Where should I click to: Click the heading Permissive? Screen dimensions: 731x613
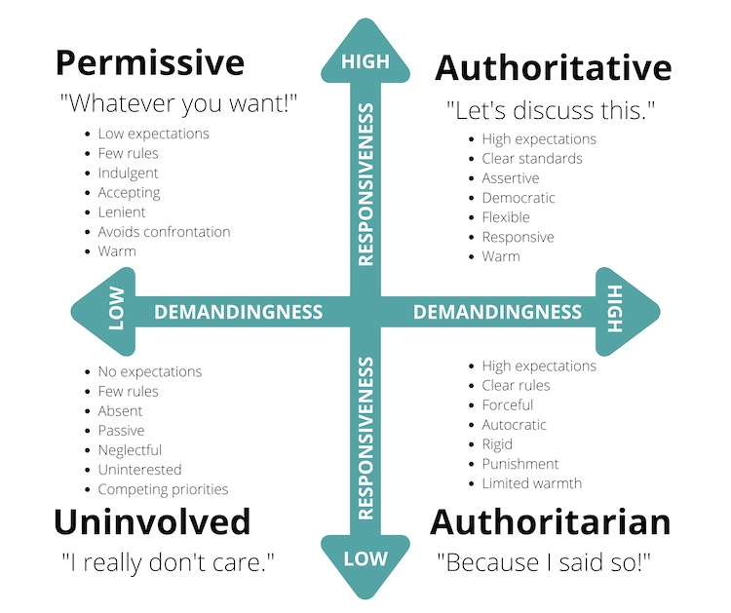point(150,63)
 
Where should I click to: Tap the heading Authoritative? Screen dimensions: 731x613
point(554,68)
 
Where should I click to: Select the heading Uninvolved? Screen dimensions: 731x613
point(152,522)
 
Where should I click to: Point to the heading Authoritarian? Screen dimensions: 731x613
point(551,522)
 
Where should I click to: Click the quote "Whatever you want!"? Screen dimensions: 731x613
point(178,103)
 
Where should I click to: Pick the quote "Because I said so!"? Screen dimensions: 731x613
point(544,562)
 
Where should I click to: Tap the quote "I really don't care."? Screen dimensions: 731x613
point(168,562)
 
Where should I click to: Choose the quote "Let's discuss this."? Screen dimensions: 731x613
point(551,111)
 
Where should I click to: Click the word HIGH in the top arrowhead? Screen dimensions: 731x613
point(365,61)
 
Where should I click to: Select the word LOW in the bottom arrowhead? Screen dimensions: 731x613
point(365,559)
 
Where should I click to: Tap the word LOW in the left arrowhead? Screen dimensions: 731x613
point(117,309)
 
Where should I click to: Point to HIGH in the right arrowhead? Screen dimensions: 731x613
point(615,309)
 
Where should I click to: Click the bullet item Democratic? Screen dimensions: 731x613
point(519,198)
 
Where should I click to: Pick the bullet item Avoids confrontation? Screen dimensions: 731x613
point(164,232)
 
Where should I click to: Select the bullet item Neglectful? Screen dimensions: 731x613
point(130,450)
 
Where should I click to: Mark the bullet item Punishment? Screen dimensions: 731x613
point(520,464)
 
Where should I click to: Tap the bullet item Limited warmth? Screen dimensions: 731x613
point(532,483)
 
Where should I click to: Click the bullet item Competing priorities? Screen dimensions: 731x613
point(163,489)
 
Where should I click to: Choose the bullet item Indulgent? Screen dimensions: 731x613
point(129,172)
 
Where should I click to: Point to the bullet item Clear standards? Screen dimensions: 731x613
point(532,159)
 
